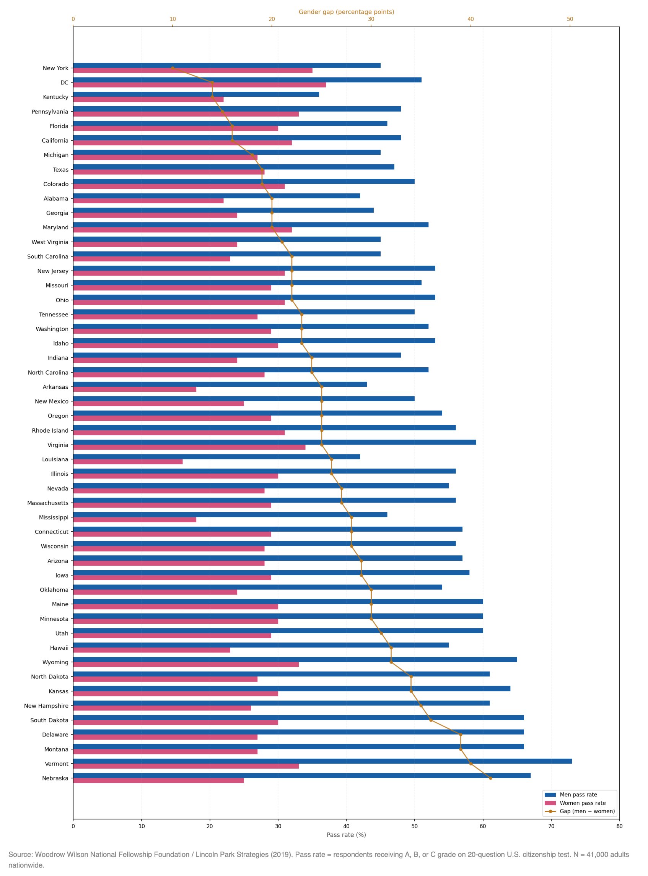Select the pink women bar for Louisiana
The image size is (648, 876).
(x=127, y=462)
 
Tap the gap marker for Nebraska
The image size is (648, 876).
(x=490, y=778)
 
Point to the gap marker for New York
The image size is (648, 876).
(x=173, y=68)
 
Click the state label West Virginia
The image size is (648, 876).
(x=50, y=242)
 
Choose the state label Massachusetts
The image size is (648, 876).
(x=47, y=503)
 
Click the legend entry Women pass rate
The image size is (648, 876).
(x=583, y=803)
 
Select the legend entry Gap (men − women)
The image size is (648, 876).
(x=587, y=811)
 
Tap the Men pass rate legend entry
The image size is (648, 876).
(x=578, y=795)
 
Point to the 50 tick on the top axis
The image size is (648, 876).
(x=570, y=19)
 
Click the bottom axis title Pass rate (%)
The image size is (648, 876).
(x=346, y=835)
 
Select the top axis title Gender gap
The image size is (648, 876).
(x=346, y=12)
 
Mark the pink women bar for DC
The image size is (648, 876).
(x=199, y=85)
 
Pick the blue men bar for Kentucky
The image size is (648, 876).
(x=196, y=94)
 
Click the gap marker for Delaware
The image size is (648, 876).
(x=461, y=735)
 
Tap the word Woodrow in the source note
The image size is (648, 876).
(x=49, y=855)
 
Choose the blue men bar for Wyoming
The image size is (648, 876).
(x=295, y=660)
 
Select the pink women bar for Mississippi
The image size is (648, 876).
(x=134, y=520)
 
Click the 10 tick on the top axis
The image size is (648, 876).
(x=173, y=19)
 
